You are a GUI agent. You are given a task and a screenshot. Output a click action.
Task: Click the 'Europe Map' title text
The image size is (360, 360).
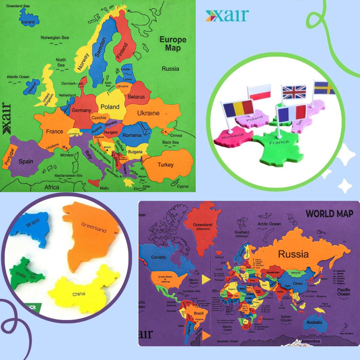click(x=173, y=44)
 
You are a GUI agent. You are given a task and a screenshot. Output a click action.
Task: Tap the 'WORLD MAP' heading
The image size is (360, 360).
click(x=329, y=214)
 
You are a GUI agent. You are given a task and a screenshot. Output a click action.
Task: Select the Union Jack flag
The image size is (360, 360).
click(x=294, y=92)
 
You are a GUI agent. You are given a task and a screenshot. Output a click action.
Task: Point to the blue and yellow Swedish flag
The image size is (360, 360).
click(x=324, y=88)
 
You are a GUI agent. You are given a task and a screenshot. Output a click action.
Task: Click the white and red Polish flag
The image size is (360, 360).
click(x=259, y=92)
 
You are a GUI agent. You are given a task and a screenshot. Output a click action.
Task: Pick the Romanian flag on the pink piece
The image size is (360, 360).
click(x=239, y=108)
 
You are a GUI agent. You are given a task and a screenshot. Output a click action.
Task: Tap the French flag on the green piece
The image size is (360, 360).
click(x=292, y=113)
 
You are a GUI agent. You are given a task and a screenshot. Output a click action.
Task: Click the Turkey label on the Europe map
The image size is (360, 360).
click(x=166, y=165)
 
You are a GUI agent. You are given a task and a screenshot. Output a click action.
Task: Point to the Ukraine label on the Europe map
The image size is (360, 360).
click(x=148, y=113)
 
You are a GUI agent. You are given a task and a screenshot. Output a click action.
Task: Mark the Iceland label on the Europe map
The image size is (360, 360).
click(x=28, y=22)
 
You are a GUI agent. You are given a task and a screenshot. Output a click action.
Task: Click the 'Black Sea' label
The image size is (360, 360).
click(x=171, y=142)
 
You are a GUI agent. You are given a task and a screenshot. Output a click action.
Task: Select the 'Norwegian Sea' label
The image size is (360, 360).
click(x=55, y=38)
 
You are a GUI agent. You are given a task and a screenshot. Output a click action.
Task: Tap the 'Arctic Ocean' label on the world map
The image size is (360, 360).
click(x=269, y=224)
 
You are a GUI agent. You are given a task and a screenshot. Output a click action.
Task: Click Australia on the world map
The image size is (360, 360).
click(x=314, y=322)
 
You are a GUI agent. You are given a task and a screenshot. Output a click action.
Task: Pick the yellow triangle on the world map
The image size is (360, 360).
click(x=206, y=279)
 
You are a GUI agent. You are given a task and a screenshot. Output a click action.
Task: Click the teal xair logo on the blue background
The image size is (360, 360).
click(x=227, y=16)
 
